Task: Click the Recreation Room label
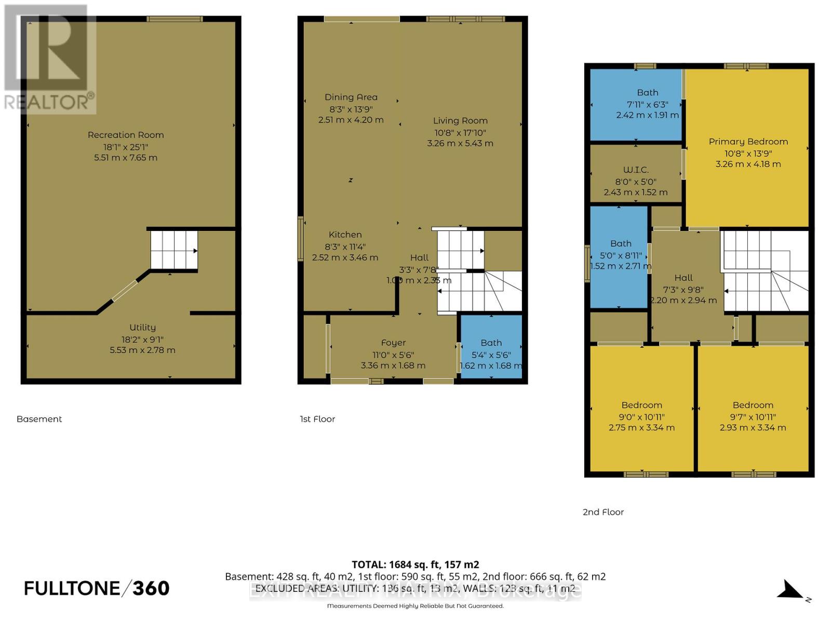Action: pos(126,135)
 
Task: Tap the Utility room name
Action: pos(142,328)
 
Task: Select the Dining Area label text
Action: pos(351,97)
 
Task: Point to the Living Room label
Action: pos(460,120)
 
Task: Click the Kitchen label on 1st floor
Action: pos(345,235)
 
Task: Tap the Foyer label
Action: pos(393,343)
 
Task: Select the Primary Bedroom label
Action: pos(748,142)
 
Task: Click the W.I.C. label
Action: pos(636,170)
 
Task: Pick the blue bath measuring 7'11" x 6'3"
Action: pos(636,104)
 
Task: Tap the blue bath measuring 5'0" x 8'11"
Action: pos(620,257)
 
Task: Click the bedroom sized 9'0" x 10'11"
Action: pos(641,410)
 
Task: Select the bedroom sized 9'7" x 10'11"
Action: pos(753,410)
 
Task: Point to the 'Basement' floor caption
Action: pos(39,419)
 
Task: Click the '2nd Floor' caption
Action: pos(603,512)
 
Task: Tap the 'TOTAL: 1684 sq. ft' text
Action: pos(415,564)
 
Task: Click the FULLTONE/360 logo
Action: pos(97,588)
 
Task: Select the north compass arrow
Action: pos(792,590)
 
